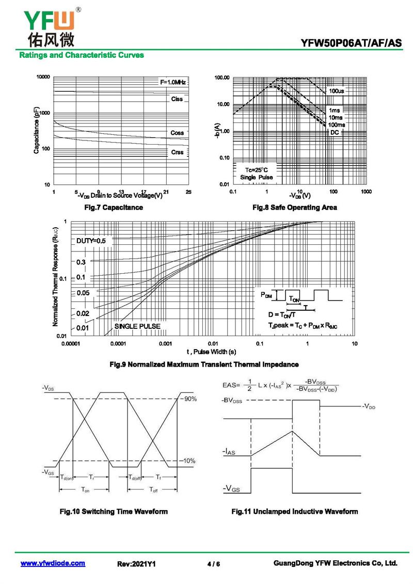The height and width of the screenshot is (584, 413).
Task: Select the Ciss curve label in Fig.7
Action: point(177,99)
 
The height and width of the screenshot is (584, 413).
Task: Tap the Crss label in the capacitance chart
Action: point(177,152)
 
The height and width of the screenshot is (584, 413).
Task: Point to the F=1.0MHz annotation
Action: point(172,82)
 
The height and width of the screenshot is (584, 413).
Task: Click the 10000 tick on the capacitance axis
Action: point(43,77)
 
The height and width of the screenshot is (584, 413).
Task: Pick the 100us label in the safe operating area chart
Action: point(337,91)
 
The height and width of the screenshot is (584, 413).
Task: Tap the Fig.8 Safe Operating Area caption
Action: point(294,208)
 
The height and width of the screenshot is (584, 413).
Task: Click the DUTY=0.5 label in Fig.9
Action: point(94,241)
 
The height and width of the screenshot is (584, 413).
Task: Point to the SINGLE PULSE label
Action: point(137,326)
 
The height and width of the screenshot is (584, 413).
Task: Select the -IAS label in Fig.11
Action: point(229,452)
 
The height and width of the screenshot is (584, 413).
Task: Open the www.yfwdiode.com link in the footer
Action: point(53,563)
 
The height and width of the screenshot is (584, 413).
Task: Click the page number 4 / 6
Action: point(213,564)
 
